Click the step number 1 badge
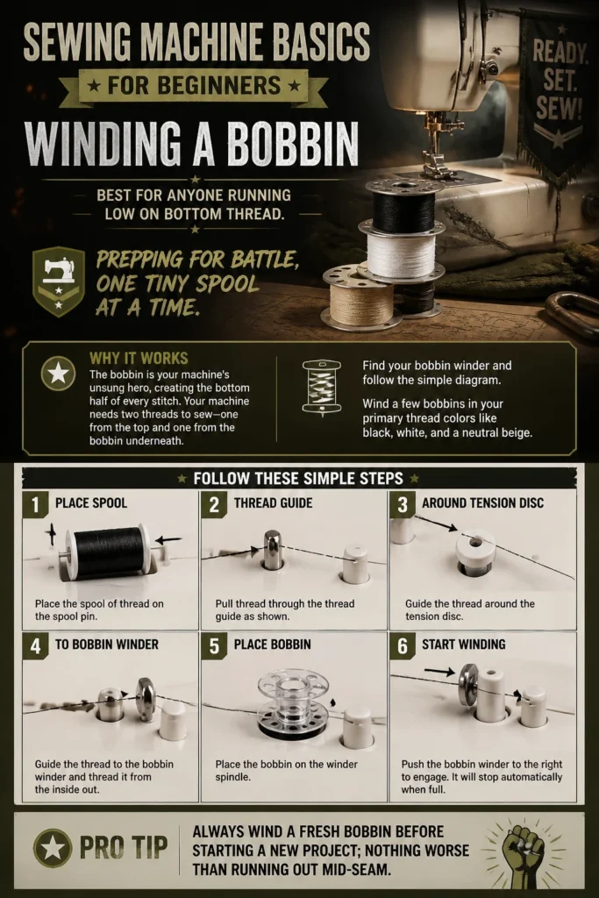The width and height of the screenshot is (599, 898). pyautogui.click(x=35, y=504)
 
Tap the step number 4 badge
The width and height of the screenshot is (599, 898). pyautogui.click(x=35, y=645)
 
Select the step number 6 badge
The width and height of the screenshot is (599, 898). pyautogui.click(x=402, y=645)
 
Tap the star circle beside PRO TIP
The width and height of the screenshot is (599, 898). pyautogui.click(x=53, y=848)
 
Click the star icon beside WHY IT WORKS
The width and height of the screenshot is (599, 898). pyautogui.click(x=59, y=374)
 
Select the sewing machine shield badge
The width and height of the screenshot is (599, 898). pyautogui.click(x=59, y=282)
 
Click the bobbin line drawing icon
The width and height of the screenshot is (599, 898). pyautogui.click(x=321, y=386)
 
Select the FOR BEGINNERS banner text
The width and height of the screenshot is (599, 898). pyautogui.click(x=194, y=86)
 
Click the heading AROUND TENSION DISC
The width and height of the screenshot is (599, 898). pyautogui.click(x=482, y=502)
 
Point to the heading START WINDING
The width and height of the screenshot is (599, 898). pyautogui.click(x=464, y=645)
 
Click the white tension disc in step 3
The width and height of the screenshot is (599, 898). pyautogui.click(x=475, y=548)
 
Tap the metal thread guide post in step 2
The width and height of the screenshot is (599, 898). pyautogui.click(x=273, y=550)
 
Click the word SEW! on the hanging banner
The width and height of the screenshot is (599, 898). pyautogui.click(x=559, y=108)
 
